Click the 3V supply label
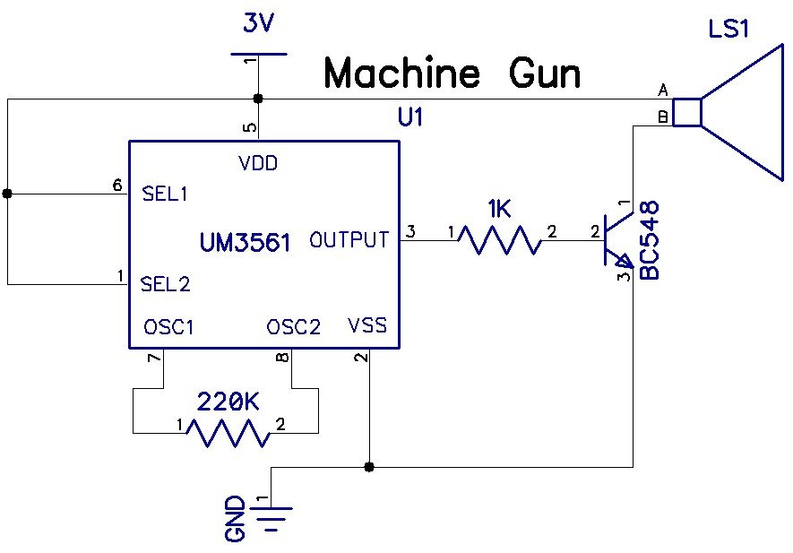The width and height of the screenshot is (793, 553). tap(258, 24)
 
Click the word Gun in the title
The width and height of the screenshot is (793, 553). tap(546, 73)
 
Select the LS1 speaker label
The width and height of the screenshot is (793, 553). tap(728, 30)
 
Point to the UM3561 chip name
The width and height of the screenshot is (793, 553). tap(245, 241)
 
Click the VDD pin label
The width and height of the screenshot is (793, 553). tap(258, 163)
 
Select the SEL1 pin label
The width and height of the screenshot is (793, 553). tap(165, 193)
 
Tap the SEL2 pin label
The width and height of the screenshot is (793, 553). tap(166, 285)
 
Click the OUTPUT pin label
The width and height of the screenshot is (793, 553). tap(349, 240)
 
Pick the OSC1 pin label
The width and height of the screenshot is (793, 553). tap(168, 327)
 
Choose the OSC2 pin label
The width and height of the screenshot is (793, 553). tap(293, 327)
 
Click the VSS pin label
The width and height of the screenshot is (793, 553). tap(366, 325)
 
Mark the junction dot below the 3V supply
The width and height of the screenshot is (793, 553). tap(258, 98)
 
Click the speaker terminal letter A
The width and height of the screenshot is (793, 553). tap(663, 90)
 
